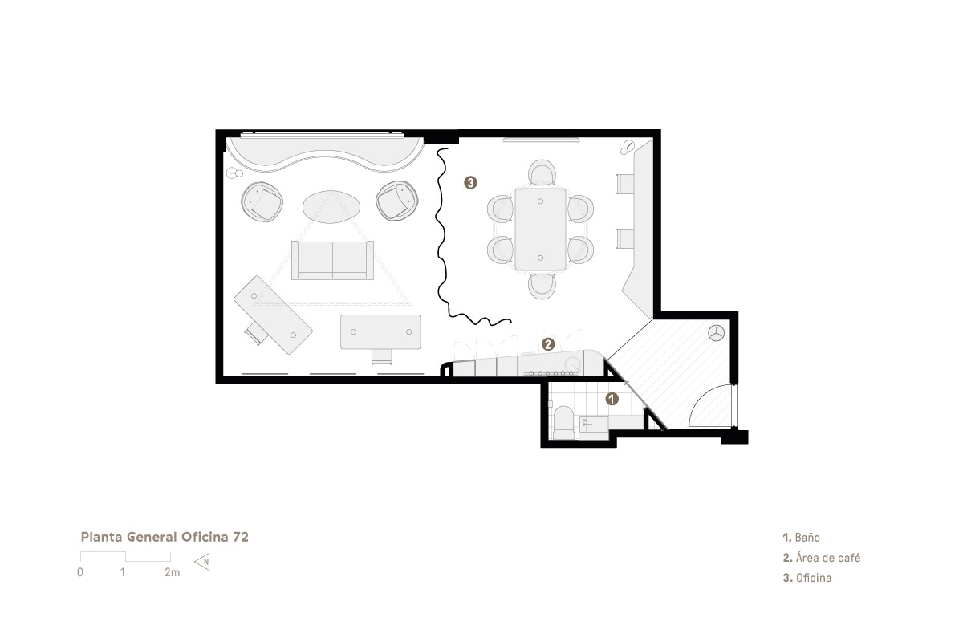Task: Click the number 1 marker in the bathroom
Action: pyautogui.click(x=612, y=399)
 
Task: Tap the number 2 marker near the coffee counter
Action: pyautogui.click(x=547, y=344)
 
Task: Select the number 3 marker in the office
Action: pyautogui.click(x=470, y=183)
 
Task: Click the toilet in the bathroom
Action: pyautogui.click(x=563, y=423)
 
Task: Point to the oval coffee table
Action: pyautogui.click(x=331, y=207)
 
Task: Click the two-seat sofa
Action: pyautogui.click(x=332, y=260)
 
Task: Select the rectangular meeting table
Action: pyautogui.click(x=540, y=230)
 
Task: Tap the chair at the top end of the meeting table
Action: pyautogui.click(x=542, y=172)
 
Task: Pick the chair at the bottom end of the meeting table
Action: pyautogui.click(x=542, y=286)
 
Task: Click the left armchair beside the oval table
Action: pyautogui.click(x=262, y=201)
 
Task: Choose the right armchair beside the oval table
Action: pyautogui.click(x=397, y=201)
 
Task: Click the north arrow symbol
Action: pyautogui.click(x=202, y=562)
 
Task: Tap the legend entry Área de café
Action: pyautogui.click(x=822, y=558)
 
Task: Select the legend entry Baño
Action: pyautogui.click(x=802, y=538)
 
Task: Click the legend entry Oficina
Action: pyautogui.click(x=807, y=578)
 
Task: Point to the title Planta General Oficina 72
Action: pyautogui.click(x=165, y=537)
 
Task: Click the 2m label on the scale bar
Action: pyautogui.click(x=172, y=572)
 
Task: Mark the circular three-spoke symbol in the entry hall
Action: pyautogui.click(x=716, y=333)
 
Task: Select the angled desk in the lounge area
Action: pyautogui.click(x=273, y=315)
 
